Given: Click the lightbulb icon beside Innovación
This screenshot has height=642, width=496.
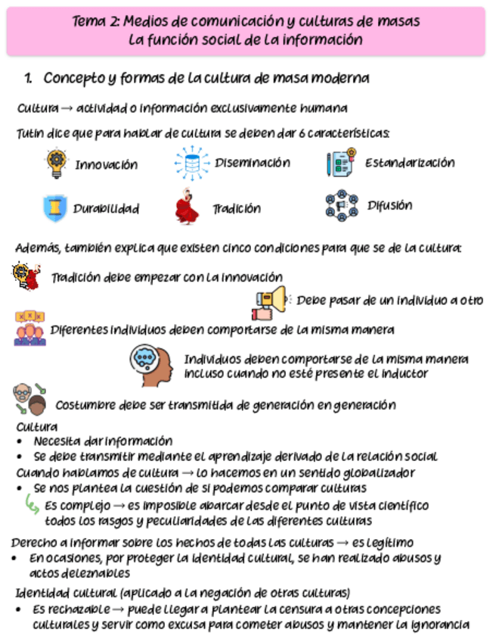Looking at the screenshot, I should tap(57, 163).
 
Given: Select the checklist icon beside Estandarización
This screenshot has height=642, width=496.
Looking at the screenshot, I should tap(340, 163).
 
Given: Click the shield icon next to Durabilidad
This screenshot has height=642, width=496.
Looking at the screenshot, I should tap(55, 207).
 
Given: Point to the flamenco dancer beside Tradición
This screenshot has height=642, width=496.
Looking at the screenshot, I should tap(187, 207).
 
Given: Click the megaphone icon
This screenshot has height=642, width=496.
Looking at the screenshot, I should tap(270, 301).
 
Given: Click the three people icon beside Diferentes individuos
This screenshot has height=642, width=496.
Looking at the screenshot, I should tap(29, 329).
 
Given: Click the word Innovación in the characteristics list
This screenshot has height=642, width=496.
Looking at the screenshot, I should tap(106, 164).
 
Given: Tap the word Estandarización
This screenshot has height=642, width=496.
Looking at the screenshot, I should tap(410, 162).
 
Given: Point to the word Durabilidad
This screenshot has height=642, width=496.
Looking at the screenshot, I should tap(106, 208).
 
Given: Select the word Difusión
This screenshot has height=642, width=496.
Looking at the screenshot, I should tap(389, 205).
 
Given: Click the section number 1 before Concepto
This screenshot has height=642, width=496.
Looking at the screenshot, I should tap(28, 78).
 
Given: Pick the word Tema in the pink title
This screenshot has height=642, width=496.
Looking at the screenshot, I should tap(88, 22).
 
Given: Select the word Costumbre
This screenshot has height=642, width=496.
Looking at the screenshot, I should tap(84, 404).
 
